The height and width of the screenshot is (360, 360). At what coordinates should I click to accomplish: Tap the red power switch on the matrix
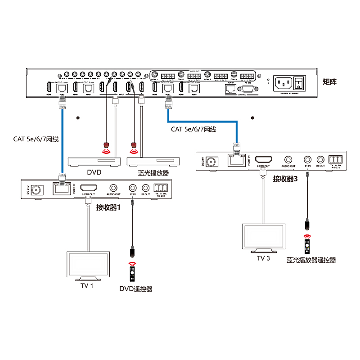tap(299, 83)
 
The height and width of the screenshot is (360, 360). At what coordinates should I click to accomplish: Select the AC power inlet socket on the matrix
tap(283, 83)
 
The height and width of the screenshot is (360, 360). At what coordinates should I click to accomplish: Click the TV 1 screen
tap(88, 265)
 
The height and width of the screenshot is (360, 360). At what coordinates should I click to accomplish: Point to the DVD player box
tap(94, 161)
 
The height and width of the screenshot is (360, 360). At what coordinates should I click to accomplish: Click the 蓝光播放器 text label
tap(153, 173)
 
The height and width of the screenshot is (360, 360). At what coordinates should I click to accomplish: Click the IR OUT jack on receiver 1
tap(145, 188)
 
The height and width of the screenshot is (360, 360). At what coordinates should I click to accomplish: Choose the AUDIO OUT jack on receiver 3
tap(288, 159)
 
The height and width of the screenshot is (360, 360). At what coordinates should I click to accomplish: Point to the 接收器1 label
tap(109, 207)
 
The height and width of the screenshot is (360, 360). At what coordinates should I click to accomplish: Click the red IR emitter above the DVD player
tap(107, 145)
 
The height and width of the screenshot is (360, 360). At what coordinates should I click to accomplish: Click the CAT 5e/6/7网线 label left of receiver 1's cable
tap(36, 139)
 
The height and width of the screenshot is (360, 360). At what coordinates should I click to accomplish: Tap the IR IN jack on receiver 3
tap(307, 159)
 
